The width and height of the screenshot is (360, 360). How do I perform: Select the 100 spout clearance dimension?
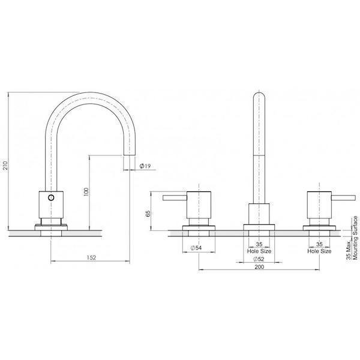coord(86,191)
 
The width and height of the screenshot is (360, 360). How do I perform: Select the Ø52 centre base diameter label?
coord(259,259)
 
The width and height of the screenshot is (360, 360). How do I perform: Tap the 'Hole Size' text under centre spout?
coord(259,251)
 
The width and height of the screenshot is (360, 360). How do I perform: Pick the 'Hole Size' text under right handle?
coord(319,251)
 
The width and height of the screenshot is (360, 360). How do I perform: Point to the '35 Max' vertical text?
coord(347,245)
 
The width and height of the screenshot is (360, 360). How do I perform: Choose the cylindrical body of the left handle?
coord(197,206)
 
